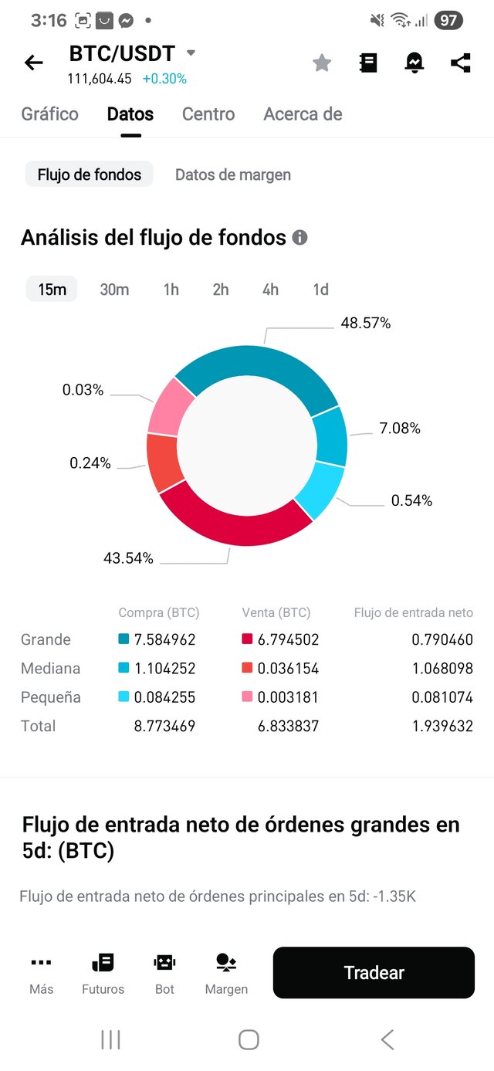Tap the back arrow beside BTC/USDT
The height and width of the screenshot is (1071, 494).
34,63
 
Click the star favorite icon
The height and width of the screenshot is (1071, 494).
322,63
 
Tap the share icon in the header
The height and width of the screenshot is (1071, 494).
461,63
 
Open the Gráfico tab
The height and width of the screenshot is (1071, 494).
49,114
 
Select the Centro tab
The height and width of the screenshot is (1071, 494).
208,114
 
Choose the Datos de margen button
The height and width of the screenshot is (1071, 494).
233,175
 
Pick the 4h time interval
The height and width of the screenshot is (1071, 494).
270,290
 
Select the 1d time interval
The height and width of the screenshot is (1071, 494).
320,290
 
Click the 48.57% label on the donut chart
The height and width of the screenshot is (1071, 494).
366,324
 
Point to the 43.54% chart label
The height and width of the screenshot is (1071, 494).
128,558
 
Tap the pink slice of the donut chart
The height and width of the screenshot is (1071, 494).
164,407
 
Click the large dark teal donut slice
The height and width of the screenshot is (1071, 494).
259,369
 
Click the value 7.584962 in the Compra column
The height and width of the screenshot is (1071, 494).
164,639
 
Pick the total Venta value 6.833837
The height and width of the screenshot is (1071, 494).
288,726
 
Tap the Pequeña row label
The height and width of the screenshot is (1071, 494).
50,697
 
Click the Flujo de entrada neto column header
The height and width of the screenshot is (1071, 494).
413,612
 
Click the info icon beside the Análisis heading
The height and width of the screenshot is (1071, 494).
300,238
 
